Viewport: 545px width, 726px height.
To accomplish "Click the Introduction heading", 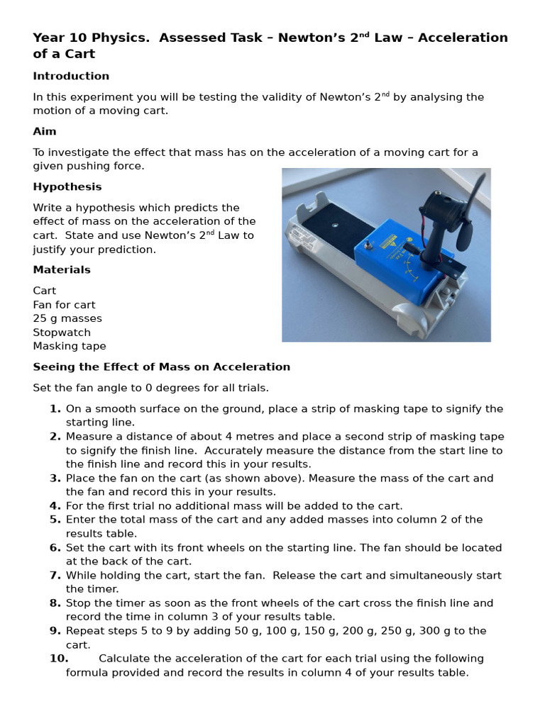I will point(71,76).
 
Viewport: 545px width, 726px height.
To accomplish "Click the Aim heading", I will point(45,131).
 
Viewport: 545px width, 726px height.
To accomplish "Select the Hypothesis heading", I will point(67,186).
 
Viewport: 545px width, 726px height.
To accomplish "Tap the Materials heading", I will point(62,269).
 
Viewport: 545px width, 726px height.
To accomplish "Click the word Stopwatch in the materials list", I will point(62,332).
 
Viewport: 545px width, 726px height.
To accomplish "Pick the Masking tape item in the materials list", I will point(70,346).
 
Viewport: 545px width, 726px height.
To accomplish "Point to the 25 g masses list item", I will point(67,318).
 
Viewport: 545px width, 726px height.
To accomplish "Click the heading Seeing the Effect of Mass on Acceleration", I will point(161,367).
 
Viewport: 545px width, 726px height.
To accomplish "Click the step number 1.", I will point(55,408).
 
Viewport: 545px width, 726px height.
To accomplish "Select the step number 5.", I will point(55,519).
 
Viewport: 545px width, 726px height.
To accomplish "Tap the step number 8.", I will point(55,603).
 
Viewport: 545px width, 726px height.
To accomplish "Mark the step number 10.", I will point(58,658).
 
